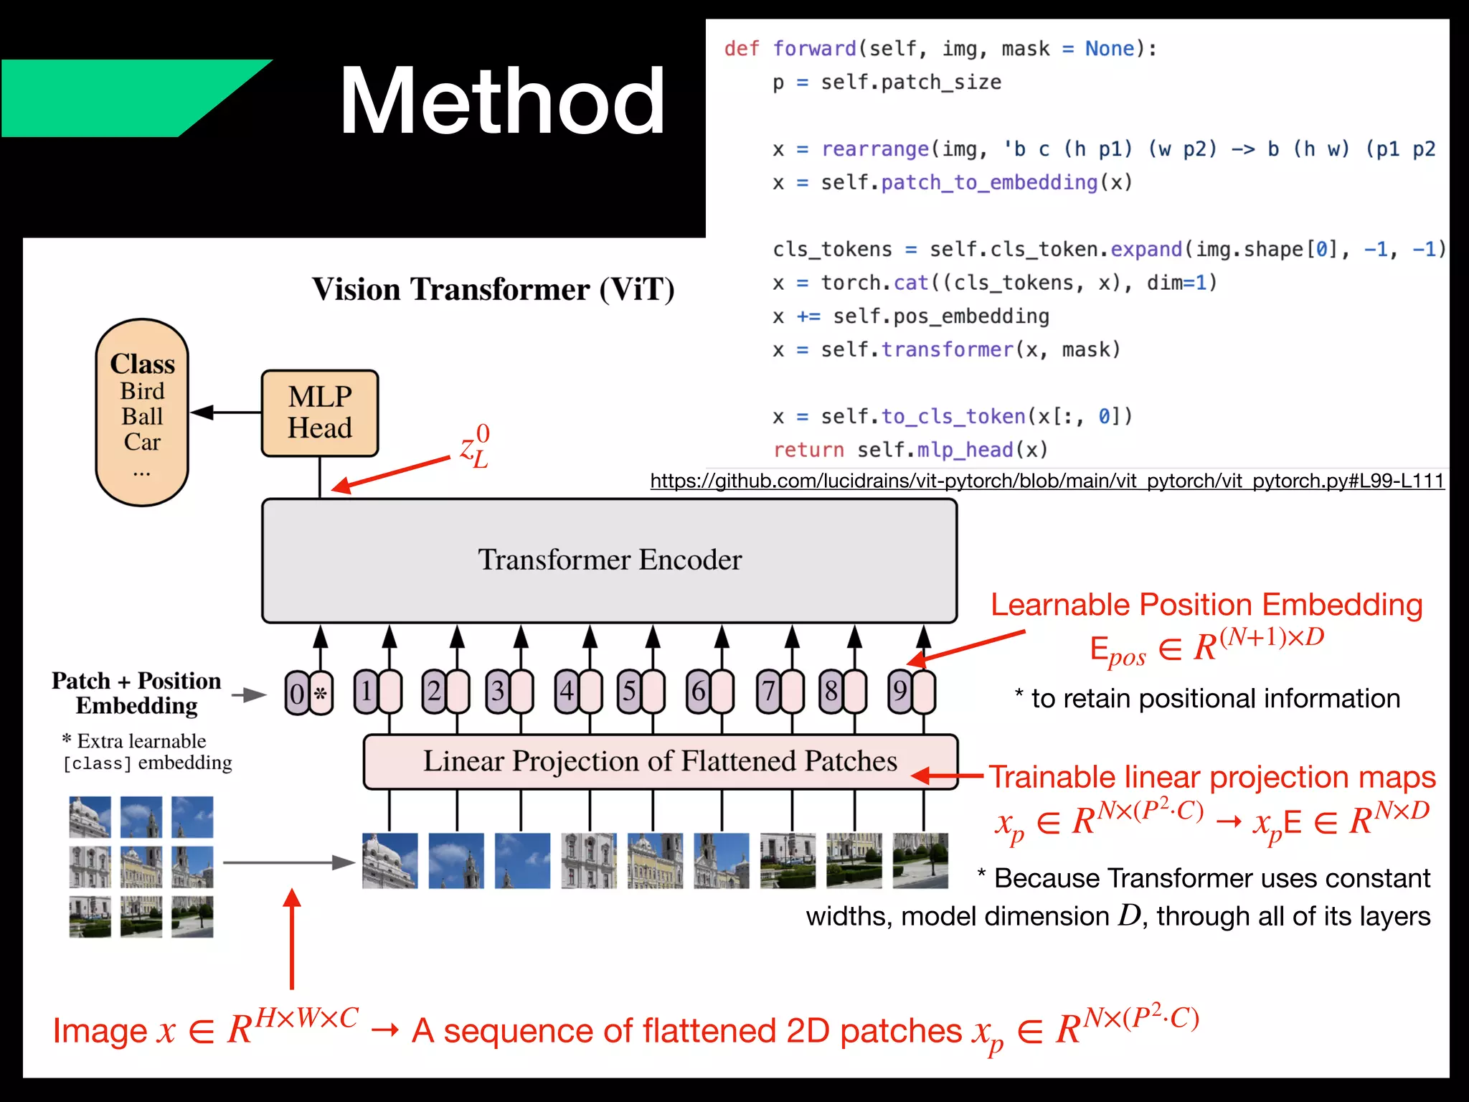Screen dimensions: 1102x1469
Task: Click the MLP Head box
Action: tap(319, 413)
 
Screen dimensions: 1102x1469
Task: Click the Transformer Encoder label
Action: tap(610, 560)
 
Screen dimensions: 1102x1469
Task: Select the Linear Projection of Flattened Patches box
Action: tap(660, 761)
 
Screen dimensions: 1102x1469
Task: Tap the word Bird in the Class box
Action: tap(142, 391)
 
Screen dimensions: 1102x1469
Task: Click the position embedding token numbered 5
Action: tap(629, 692)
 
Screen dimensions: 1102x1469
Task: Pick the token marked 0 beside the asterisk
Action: tap(297, 693)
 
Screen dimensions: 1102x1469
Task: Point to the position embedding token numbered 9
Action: tap(899, 692)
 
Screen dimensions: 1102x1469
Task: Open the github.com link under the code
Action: tap(1047, 481)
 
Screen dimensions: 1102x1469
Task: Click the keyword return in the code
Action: tap(808, 450)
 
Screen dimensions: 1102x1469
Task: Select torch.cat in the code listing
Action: tap(875, 283)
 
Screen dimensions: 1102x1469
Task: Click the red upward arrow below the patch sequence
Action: tap(292, 940)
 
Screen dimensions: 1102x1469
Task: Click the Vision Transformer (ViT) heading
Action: tap(493, 289)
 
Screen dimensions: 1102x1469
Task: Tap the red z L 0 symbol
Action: tap(475, 446)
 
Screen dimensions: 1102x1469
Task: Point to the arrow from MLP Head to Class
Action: tap(226, 412)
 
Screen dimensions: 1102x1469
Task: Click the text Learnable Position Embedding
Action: tap(1206, 605)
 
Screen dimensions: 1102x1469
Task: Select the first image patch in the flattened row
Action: tap(389, 860)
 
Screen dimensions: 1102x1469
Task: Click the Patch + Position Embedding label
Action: tap(136, 693)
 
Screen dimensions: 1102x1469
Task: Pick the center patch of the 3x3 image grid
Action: tap(141, 866)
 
